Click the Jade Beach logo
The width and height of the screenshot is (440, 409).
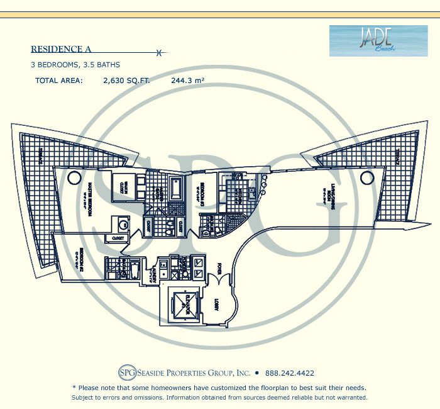pos(369,40)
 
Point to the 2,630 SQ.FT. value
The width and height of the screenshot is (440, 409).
pos(126,81)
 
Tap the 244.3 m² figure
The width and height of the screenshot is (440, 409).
pos(188,81)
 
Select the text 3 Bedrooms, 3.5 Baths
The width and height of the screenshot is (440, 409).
pos(75,64)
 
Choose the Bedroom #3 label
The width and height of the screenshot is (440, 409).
pos(202,196)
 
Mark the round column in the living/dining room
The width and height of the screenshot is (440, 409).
pos(366,178)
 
